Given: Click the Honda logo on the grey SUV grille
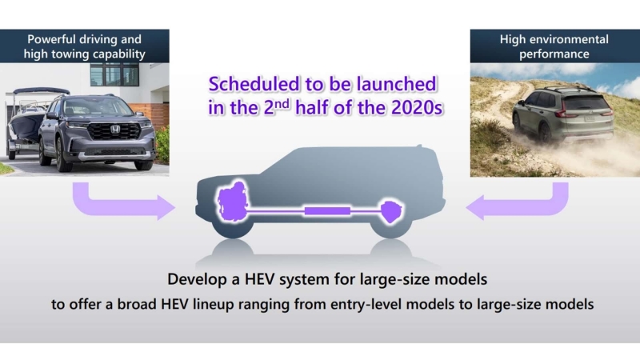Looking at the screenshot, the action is click(115, 130).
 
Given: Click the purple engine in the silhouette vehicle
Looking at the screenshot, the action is click(232, 202).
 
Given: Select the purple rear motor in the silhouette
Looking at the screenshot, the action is click(391, 211).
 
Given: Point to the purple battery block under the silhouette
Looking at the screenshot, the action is click(327, 211).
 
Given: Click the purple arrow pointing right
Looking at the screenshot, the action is click(123, 203).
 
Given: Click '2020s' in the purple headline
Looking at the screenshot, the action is click(417, 108).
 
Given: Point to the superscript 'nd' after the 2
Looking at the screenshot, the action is click(282, 103).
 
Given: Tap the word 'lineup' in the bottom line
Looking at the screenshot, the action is click(212, 304).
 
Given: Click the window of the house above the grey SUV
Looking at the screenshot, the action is click(114, 74).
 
